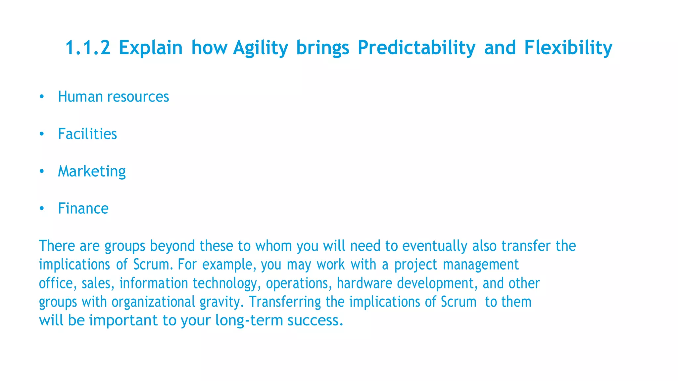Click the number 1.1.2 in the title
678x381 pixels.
88,48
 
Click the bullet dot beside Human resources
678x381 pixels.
41,97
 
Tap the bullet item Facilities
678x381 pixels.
87,134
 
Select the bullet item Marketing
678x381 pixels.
92,172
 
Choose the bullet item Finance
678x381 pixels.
83,209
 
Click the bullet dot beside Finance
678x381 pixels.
41,209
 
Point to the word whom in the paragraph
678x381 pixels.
273,246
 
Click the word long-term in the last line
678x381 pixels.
249,321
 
